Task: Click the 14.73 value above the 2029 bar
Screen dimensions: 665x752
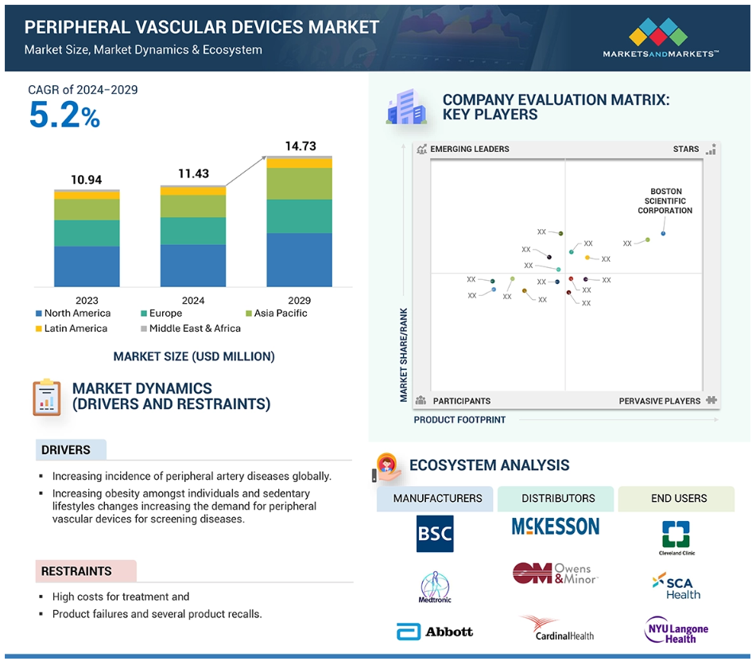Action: pos(300,146)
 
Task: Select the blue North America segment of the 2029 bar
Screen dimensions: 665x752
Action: pos(299,259)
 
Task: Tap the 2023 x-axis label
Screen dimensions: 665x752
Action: pos(87,301)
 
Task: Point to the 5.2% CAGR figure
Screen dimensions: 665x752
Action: pos(64,116)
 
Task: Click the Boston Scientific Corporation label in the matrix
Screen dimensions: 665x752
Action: pos(665,201)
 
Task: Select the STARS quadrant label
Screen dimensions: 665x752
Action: pos(686,149)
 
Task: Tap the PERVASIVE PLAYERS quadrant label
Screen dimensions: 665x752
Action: pos(660,401)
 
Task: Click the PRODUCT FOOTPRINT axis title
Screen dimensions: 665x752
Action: pos(459,420)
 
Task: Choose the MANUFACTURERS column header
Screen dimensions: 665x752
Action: pos(437,499)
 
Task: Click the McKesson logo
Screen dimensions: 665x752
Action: pos(556,527)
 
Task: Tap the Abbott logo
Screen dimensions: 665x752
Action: pos(435,632)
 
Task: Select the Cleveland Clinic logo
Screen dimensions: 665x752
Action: pos(676,538)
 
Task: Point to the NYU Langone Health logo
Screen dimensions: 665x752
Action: pos(676,629)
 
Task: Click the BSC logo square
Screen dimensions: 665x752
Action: pos(435,534)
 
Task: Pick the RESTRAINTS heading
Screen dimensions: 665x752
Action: pos(76,571)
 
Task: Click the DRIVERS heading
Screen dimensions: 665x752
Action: pos(66,450)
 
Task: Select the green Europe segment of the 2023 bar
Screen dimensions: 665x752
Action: pos(87,233)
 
